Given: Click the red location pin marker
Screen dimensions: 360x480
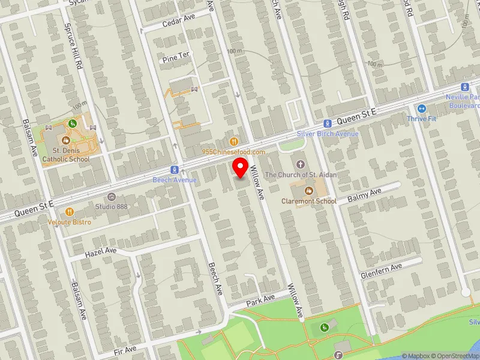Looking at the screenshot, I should tap(240, 168).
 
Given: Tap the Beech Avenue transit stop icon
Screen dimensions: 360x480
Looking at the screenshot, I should tap(174, 170).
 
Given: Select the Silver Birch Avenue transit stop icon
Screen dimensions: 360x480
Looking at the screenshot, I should tap(328, 123).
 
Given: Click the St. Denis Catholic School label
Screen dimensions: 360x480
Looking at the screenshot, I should tap(71, 155).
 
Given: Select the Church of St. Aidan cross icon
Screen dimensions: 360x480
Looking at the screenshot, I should tap(301, 164).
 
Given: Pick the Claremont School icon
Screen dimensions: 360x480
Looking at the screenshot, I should tap(309, 191).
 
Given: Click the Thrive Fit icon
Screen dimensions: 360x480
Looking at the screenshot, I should tap(421, 109).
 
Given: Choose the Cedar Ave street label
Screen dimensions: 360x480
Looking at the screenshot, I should tap(179, 21).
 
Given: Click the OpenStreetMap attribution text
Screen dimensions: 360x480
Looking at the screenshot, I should tap(454, 356).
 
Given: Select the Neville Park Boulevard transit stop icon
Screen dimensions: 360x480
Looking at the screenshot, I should tap(464, 87).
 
